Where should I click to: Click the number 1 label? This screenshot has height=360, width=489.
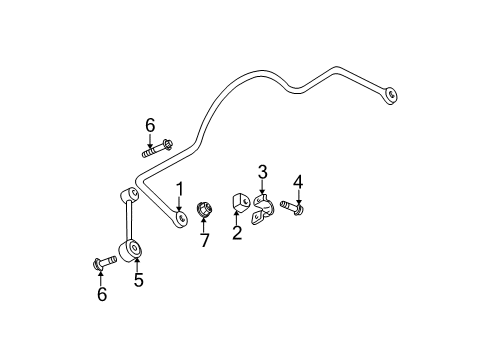[180, 189]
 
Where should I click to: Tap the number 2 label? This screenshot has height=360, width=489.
[237, 234]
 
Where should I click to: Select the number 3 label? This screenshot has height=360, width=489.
[262, 172]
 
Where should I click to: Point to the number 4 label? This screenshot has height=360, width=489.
[297, 181]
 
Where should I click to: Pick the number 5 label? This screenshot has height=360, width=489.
[138, 281]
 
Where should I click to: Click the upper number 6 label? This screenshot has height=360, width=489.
[150, 124]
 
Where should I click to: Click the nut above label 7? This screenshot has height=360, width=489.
[202, 210]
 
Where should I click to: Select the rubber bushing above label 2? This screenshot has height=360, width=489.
[241, 203]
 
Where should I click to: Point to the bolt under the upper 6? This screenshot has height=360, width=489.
[155, 150]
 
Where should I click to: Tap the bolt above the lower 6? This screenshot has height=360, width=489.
[99, 264]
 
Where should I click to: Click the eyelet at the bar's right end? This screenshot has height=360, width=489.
[391, 95]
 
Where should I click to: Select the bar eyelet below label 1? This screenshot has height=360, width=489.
[180, 218]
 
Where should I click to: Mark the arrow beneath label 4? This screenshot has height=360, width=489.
[297, 197]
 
